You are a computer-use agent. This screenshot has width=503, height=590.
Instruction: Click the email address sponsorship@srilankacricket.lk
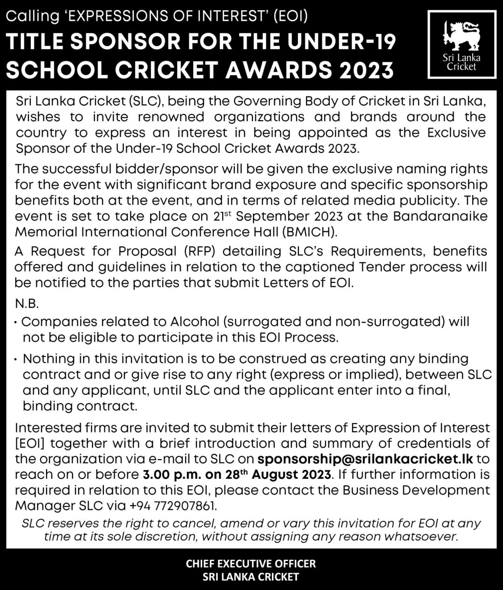pyautogui.click(x=365, y=459)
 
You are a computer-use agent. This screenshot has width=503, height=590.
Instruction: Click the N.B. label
pyautogui.click(x=27, y=304)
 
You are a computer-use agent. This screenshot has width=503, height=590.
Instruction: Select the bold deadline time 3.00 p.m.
pyautogui.click(x=165, y=475)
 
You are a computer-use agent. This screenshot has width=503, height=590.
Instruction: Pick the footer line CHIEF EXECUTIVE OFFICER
pyautogui.click(x=251, y=563)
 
